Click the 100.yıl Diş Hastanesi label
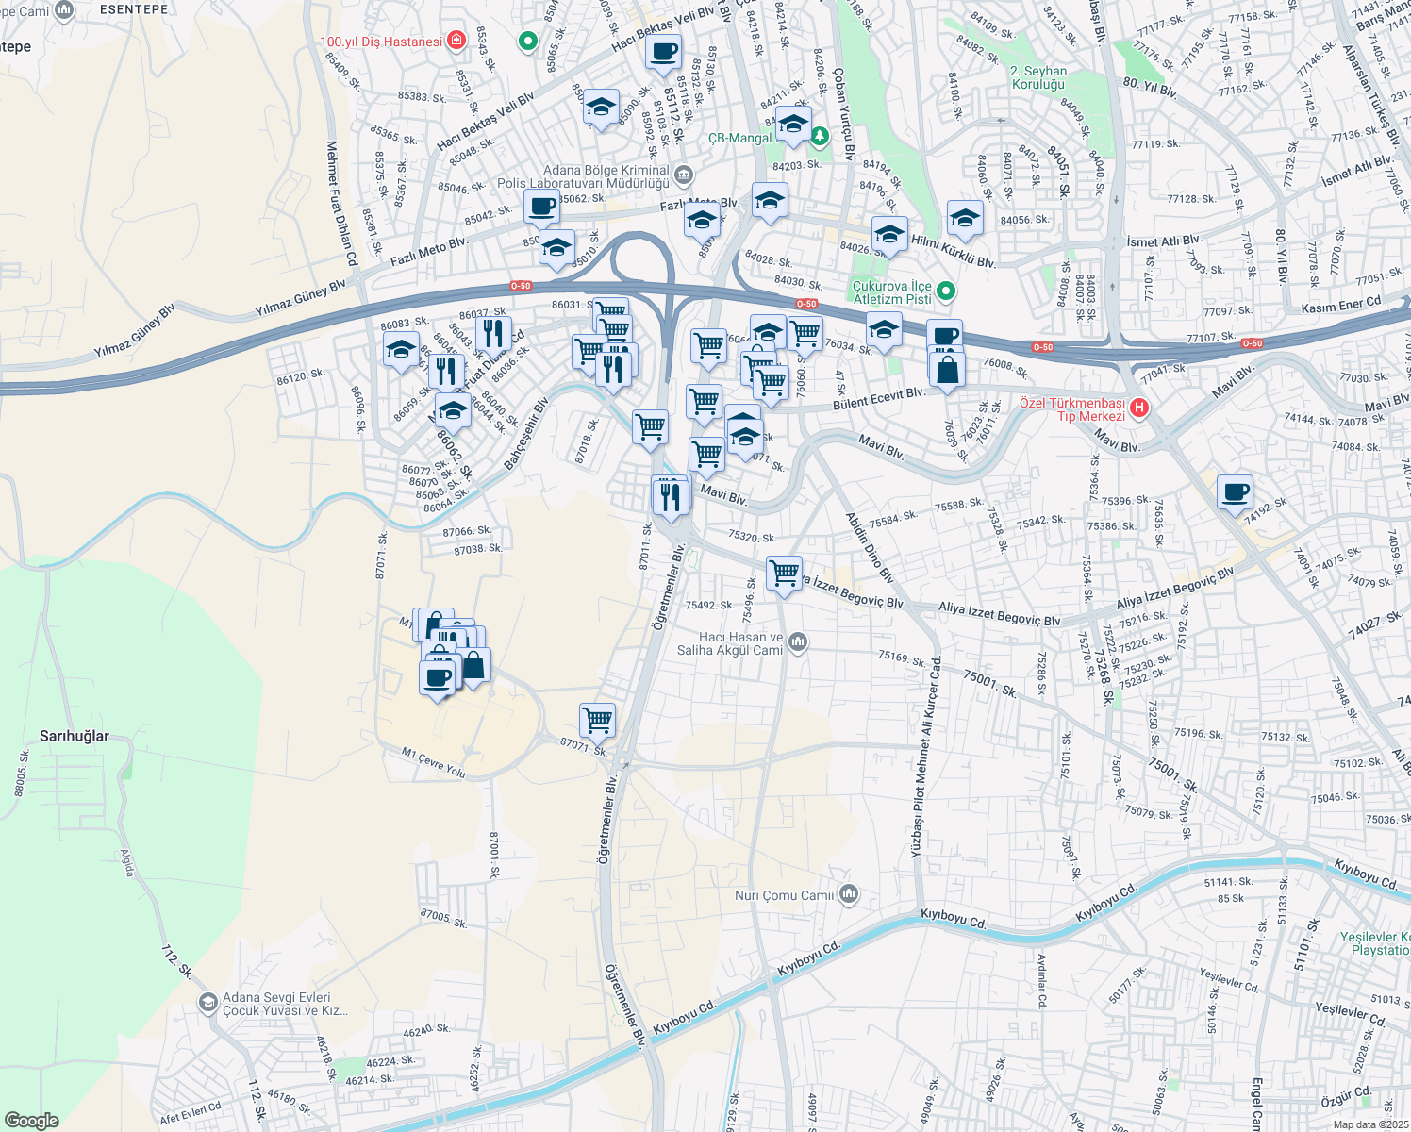[x=381, y=42]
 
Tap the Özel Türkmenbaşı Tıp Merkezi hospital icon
[x=1138, y=408]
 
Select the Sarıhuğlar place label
[x=75, y=736]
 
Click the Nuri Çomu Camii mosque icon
[x=848, y=894]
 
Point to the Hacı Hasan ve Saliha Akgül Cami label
[x=730, y=643]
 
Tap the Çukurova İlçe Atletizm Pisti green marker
[x=947, y=292]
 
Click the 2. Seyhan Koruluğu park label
[x=1038, y=77]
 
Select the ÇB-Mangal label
[x=739, y=138]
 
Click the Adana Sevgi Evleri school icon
[x=207, y=1002]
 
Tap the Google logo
[x=31, y=1121]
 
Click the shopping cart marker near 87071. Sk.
[x=598, y=721]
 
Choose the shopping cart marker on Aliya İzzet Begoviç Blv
[x=784, y=573]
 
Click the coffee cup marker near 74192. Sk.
[x=1235, y=491]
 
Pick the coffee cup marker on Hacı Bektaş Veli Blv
[x=664, y=51]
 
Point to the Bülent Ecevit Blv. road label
[x=879, y=400]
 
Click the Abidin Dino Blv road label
[x=869, y=546]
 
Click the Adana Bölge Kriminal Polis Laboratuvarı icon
[x=684, y=175]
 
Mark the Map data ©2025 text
[x=1369, y=1124]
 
